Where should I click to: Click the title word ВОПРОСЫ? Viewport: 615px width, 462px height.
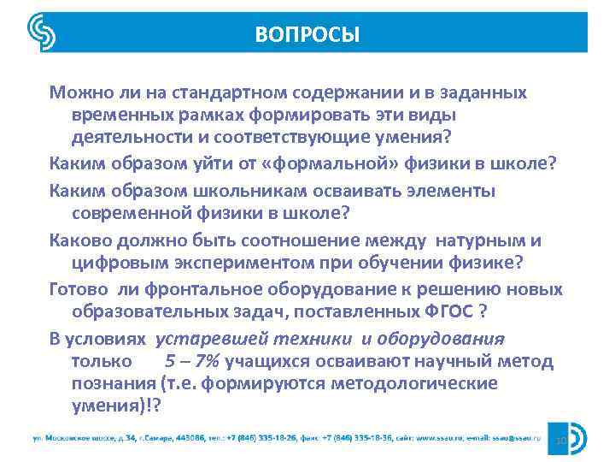307,34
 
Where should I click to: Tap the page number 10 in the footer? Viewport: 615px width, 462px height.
561,441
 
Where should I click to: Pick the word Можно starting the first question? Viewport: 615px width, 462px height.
78,91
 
